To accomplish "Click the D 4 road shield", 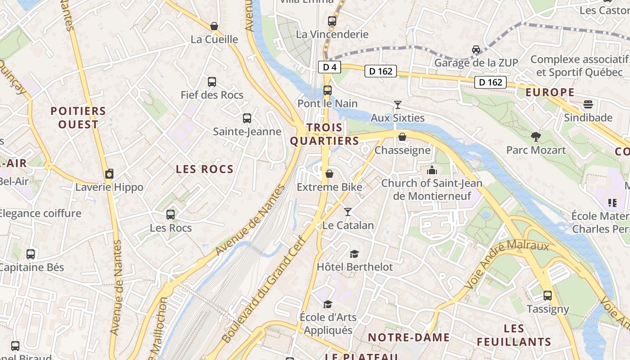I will click(x=329, y=67).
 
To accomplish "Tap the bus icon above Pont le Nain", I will click(x=328, y=90).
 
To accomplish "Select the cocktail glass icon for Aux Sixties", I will click(x=397, y=105).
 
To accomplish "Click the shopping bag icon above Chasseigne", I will click(x=402, y=137).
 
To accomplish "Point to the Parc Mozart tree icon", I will click(x=535, y=136).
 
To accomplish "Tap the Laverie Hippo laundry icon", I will click(x=109, y=174).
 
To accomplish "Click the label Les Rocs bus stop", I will click(x=171, y=228).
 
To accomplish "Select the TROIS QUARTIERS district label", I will click(x=324, y=134).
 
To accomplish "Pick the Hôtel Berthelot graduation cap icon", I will click(x=355, y=254).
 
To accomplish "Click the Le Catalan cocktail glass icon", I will click(x=348, y=212).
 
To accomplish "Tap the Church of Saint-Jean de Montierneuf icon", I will click(x=432, y=170).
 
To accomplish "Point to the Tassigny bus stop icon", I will click(x=548, y=296).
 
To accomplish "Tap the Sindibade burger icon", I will click(x=588, y=105).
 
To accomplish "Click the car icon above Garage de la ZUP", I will click(x=476, y=49).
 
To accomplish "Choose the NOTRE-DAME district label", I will click(x=409, y=337).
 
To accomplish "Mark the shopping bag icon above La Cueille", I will click(x=214, y=27).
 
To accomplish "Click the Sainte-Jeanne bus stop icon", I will click(x=247, y=118).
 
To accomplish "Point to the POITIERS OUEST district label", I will click(x=78, y=117).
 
